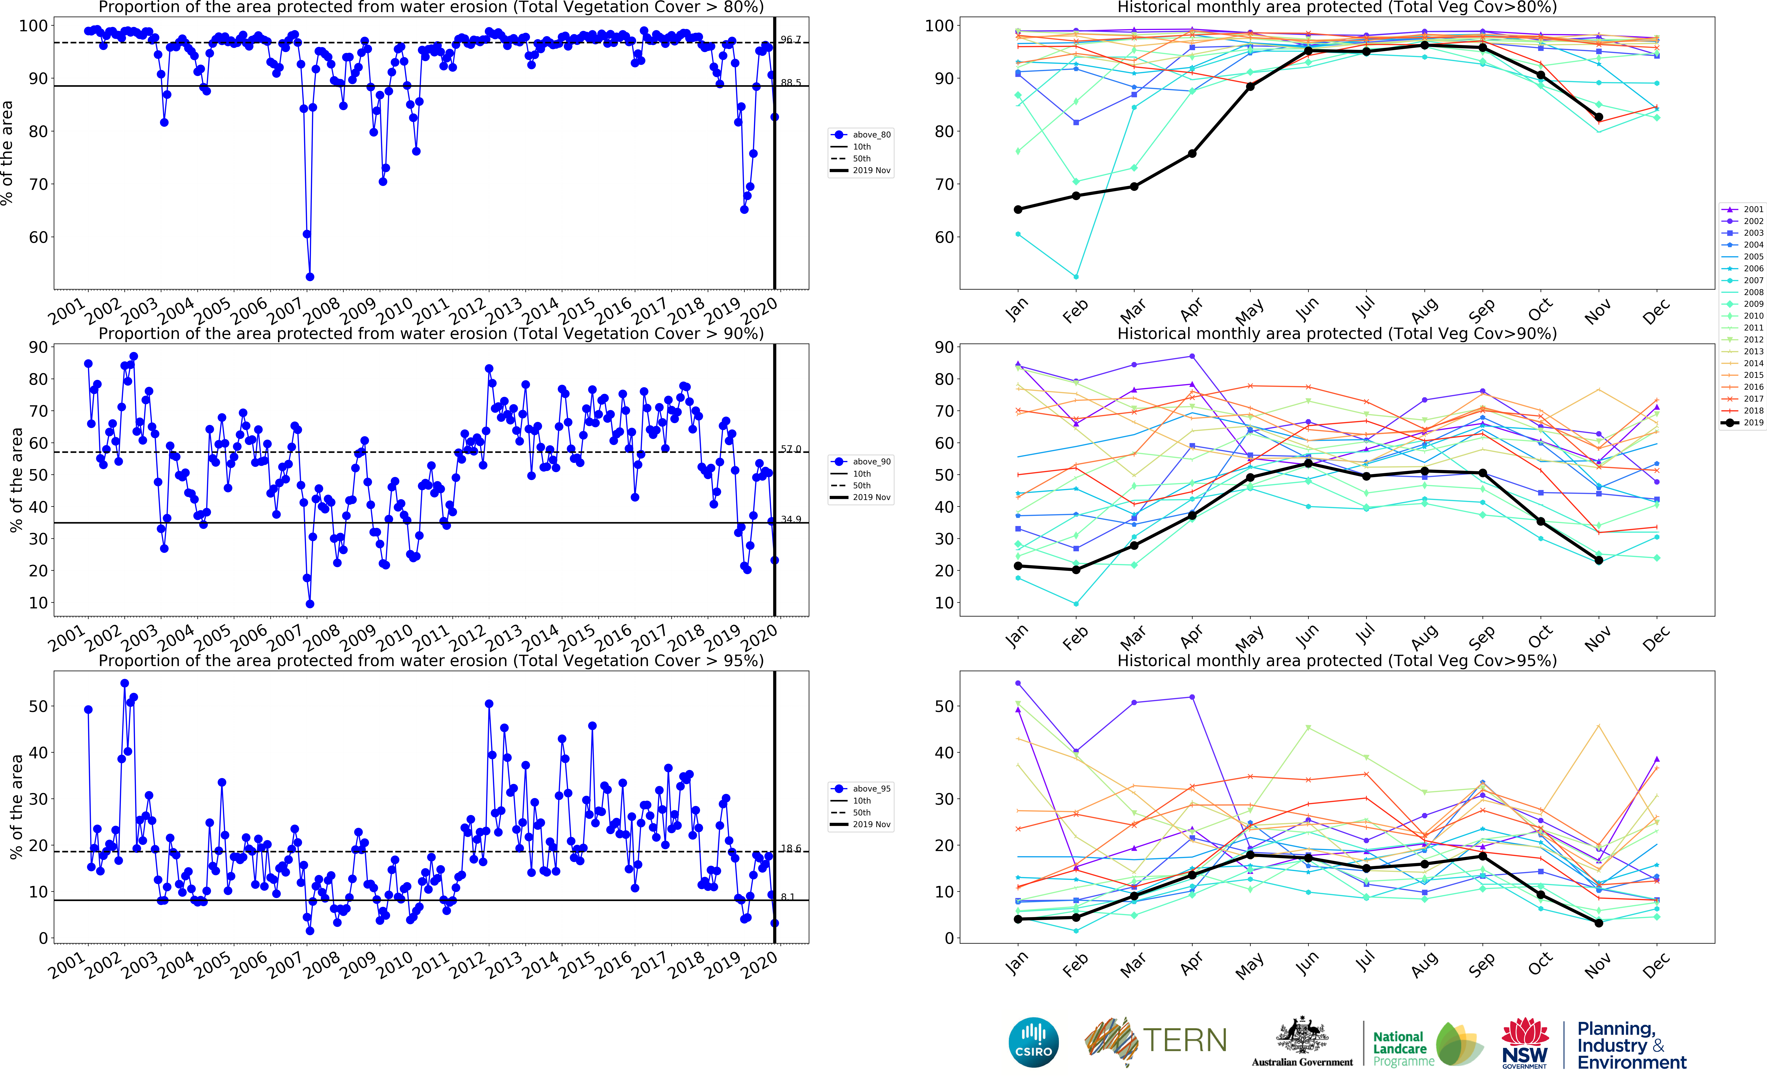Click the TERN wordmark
pyautogui.click(x=1184, y=1041)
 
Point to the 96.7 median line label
pyautogui.click(x=791, y=40)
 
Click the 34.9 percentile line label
pyautogui.click(x=791, y=519)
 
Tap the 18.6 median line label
pyautogui.click(x=791, y=848)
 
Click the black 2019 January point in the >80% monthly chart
pyautogui.click(x=1018, y=210)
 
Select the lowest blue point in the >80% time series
pyautogui.click(x=310, y=277)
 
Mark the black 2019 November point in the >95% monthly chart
pyautogui.click(x=1598, y=923)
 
